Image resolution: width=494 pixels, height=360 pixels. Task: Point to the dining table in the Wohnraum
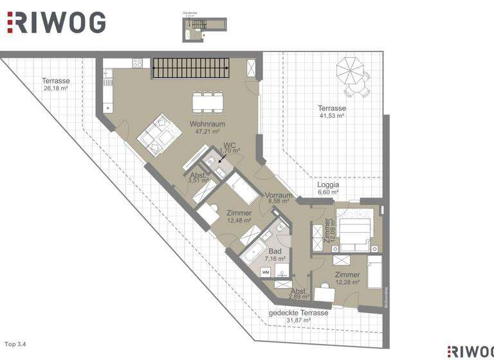click(207, 102)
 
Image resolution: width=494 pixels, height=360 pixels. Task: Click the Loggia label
click(327, 184)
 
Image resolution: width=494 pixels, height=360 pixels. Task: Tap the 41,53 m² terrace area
click(332, 116)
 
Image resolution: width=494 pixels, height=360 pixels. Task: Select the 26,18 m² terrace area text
click(56, 89)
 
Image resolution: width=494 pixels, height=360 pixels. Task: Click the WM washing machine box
click(266, 273)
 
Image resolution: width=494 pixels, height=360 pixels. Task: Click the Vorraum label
click(279, 195)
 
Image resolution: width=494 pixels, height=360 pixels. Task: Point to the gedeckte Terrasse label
click(298, 313)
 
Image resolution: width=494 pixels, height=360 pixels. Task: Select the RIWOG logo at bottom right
click(470, 350)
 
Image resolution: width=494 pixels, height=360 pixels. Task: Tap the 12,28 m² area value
click(347, 283)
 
